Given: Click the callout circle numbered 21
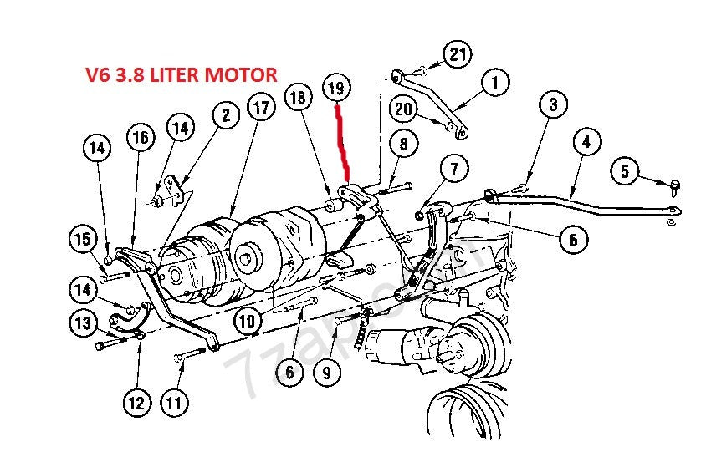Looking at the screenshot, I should point(456,55).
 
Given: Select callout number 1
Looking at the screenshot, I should point(494,83).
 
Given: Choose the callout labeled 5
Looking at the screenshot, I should point(624,173).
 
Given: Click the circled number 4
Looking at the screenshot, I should point(586,143).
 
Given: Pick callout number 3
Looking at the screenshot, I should point(553,105).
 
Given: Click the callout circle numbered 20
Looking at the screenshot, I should point(404,109).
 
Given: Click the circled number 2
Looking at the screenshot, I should point(226,116).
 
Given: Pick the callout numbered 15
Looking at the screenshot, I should point(84,240).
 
